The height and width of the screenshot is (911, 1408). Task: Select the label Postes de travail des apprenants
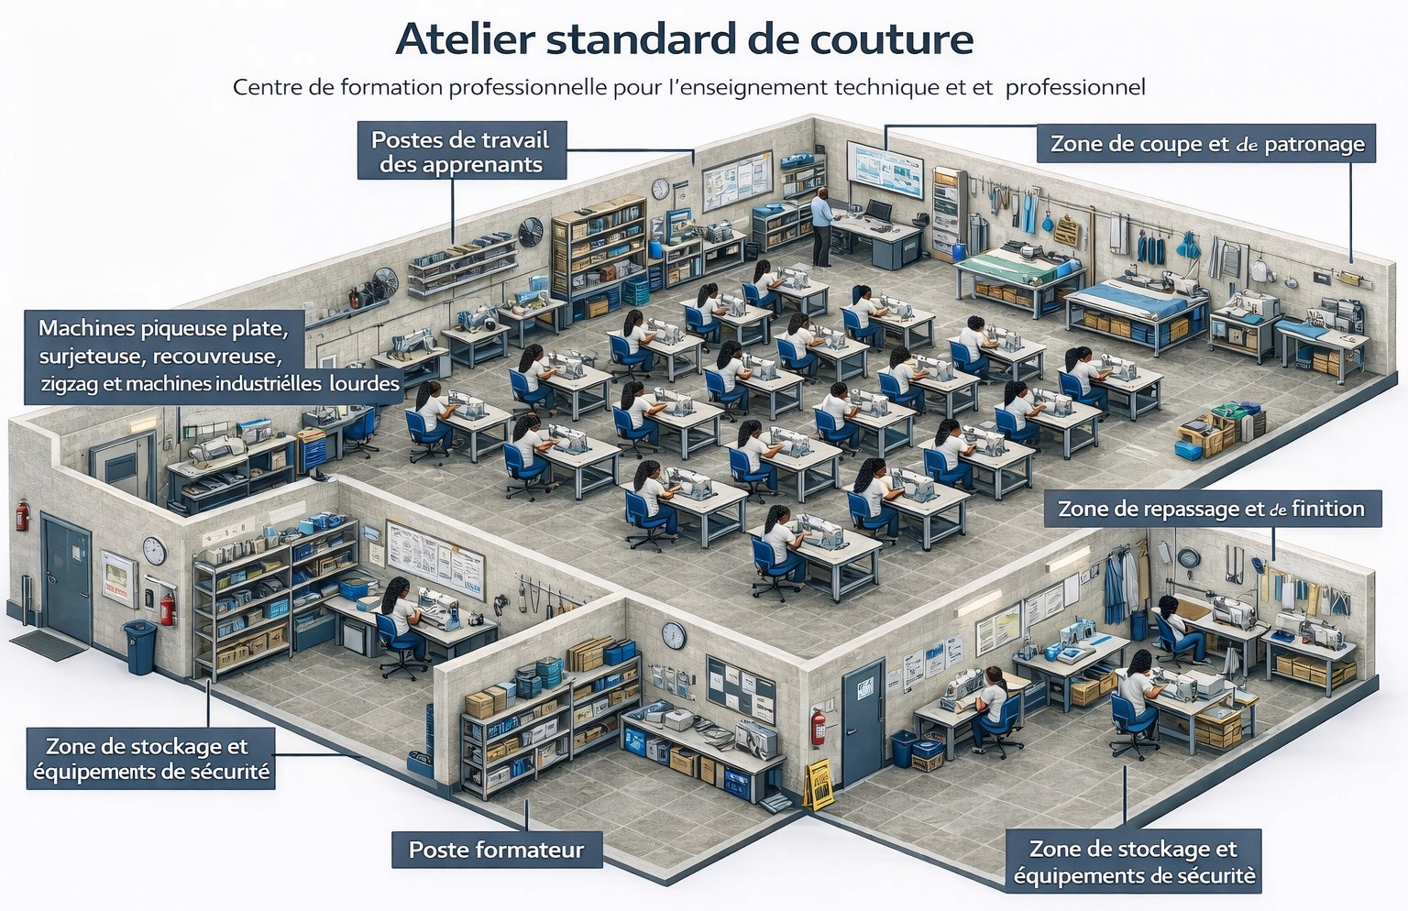pos(462,151)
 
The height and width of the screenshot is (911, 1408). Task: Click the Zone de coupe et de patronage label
pos(1206,144)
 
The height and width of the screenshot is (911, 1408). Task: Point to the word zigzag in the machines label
pos(68,384)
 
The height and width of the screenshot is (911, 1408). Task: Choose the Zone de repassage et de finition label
pos(1213,509)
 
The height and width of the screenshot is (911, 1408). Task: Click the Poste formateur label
pos(497,850)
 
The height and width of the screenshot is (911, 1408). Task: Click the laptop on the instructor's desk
pos(876,209)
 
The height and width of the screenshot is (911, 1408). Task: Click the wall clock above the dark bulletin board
pos(674,635)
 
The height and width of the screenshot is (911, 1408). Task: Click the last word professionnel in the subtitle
pos(1075,88)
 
